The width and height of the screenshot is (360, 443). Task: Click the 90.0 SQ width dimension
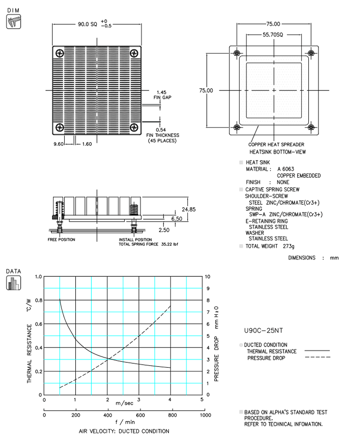point(86,24)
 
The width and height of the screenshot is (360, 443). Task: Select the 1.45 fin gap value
point(161,92)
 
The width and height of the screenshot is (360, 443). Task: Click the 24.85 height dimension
point(189,209)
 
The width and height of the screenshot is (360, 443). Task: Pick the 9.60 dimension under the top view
point(58,144)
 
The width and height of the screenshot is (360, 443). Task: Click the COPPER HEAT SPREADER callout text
point(276,144)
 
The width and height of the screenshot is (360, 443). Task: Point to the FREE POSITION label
point(61,239)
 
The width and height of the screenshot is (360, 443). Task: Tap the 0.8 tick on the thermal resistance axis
point(38,300)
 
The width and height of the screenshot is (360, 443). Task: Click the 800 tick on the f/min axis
point(173,415)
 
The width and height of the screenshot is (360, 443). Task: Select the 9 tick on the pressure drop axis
point(207,288)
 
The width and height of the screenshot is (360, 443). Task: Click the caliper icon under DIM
point(13,21)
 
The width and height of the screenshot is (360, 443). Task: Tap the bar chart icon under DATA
point(13,282)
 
